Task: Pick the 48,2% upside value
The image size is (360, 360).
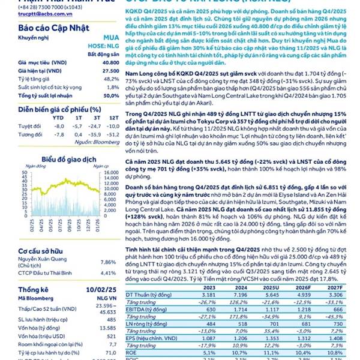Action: [x=109, y=79]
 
